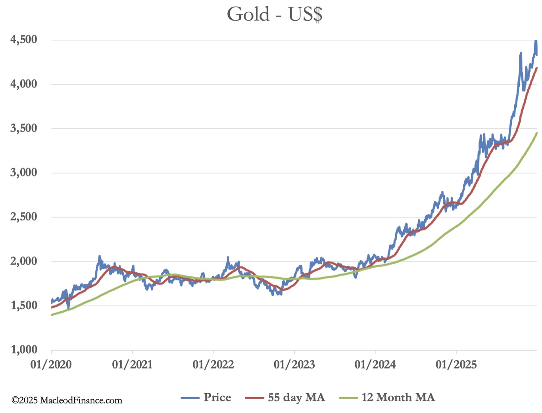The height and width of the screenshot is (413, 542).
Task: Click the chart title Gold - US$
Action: pos(275,15)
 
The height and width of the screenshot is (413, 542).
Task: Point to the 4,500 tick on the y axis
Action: pos(24,39)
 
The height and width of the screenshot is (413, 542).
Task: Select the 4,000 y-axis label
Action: pos(24,84)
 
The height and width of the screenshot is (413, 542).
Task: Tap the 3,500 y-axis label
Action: pos(24,128)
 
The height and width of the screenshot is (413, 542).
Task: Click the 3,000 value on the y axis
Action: pos(24,172)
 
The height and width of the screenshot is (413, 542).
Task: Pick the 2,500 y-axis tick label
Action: pos(24,217)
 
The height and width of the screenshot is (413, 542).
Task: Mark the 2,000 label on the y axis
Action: pos(24,261)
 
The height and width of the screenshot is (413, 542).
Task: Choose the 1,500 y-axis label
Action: pos(24,305)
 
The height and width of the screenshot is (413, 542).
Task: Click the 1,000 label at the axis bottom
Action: pos(24,349)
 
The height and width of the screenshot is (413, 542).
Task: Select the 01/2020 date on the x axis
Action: pos(51,364)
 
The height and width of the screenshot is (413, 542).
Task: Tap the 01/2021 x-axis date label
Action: pos(132,364)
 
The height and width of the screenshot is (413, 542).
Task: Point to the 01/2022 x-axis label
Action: pos(213,364)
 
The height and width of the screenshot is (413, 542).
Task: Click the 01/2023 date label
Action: pos(294,364)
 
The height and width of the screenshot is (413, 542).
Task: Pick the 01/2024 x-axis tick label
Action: pos(375,364)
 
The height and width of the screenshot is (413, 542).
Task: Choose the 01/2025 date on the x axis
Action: pos(456,364)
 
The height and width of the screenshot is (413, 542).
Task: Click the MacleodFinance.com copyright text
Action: pos(67,400)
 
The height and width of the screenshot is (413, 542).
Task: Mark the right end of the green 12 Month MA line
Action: pos(537,133)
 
